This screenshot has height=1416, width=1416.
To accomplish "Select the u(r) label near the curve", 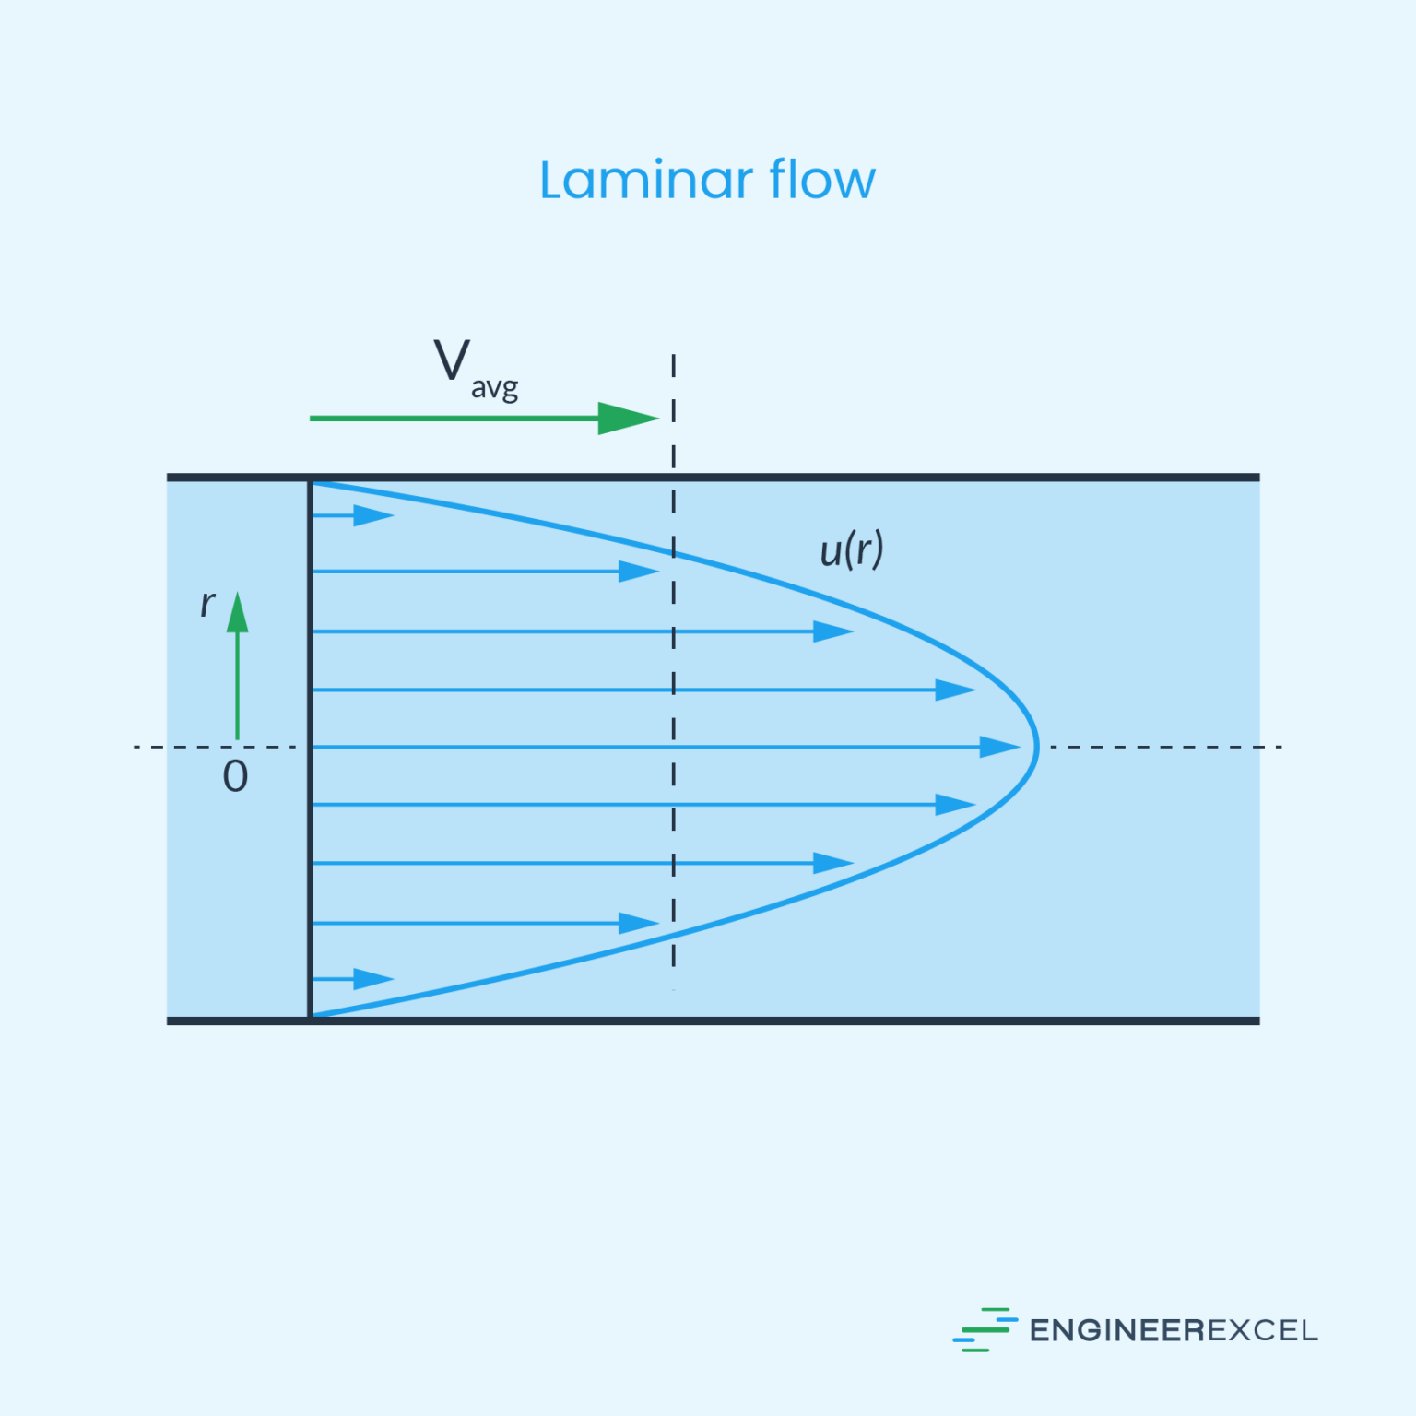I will (x=851, y=549).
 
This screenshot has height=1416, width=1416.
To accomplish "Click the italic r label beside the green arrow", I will (x=207, y=604).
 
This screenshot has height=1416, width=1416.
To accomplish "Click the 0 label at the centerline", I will (x=235, y=776).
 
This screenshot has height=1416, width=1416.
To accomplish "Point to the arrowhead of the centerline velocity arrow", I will (x=998, y=747).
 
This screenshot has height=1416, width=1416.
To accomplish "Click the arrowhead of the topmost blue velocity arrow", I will (x=373, y=515).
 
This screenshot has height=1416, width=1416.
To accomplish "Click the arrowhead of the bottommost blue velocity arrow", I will (x=373, y=979).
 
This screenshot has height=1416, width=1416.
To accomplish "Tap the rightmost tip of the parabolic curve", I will (x=1037, y=747).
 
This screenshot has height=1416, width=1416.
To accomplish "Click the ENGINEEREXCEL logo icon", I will (x=984, y=1329).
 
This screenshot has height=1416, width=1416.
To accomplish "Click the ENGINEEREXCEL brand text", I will (x=1173, y=1330).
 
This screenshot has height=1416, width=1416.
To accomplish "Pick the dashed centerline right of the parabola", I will (x=1162, y=747).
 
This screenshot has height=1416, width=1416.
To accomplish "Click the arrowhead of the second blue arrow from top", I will (x=638, y=572).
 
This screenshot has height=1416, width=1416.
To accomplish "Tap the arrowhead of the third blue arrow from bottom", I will (x=832, y=863).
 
